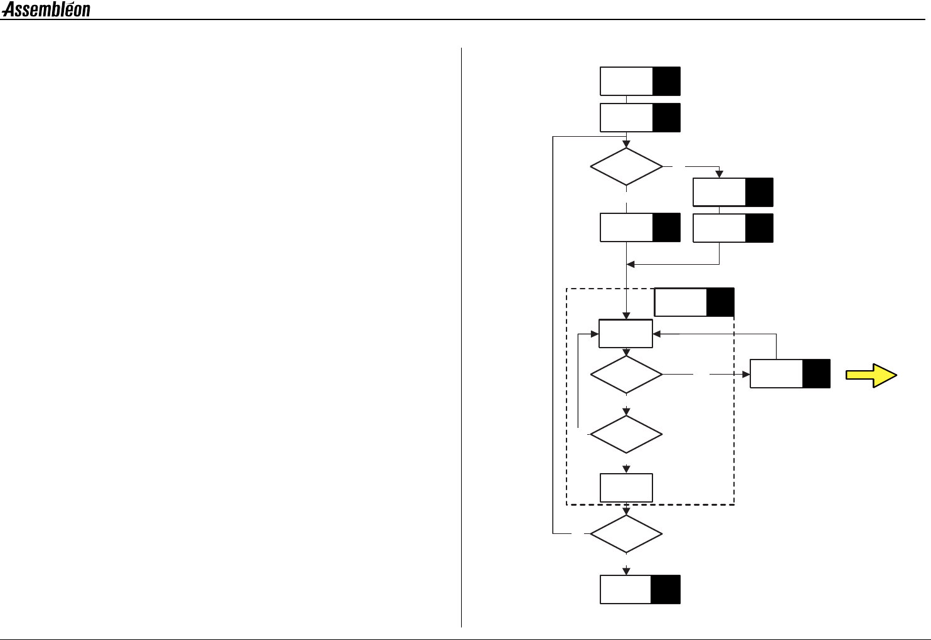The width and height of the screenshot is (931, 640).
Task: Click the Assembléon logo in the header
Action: (46, 9)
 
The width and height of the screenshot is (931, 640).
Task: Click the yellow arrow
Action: (871, 375)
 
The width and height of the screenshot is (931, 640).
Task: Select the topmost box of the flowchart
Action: (627, 81)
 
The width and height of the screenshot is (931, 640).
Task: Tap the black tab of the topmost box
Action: (666, 81)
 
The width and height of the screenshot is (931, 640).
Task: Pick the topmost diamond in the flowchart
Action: (626, 167)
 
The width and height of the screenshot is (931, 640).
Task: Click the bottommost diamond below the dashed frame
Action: (626, 534)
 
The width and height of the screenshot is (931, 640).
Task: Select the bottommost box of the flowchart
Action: (625, 589)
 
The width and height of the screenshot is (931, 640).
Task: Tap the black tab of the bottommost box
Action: (666, 589)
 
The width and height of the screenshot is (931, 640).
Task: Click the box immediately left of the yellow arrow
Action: (777, 374)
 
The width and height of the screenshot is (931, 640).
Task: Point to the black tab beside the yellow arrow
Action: (816, 374)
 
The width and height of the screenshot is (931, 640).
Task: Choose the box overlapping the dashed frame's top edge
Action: (681, 302)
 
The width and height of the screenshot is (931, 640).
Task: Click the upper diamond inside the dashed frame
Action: (626, 375)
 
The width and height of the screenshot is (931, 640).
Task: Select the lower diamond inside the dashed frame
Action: (626, 434)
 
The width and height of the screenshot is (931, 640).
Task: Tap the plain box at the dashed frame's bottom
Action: (626, 488)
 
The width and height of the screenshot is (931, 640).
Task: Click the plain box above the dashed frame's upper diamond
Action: (625, 333)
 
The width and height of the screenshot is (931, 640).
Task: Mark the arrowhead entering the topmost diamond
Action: (626, 144)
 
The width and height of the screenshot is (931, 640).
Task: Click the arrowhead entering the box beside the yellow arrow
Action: (746, 375)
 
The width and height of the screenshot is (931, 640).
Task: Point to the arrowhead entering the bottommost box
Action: (626, 572)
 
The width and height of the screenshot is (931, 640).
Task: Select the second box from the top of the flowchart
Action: (627, 117)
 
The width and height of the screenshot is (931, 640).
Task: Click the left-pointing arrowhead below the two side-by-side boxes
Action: (631, 264)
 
